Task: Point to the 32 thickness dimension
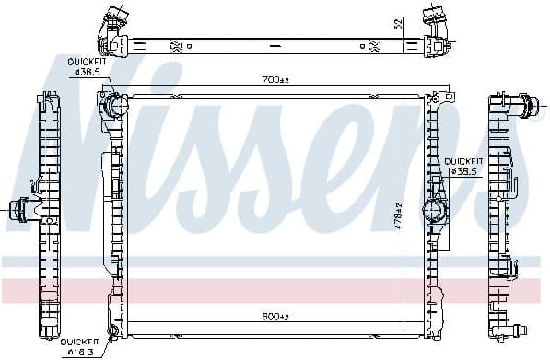point(397,25)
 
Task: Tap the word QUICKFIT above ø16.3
point(78,340)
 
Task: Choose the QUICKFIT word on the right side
point(463,160)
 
